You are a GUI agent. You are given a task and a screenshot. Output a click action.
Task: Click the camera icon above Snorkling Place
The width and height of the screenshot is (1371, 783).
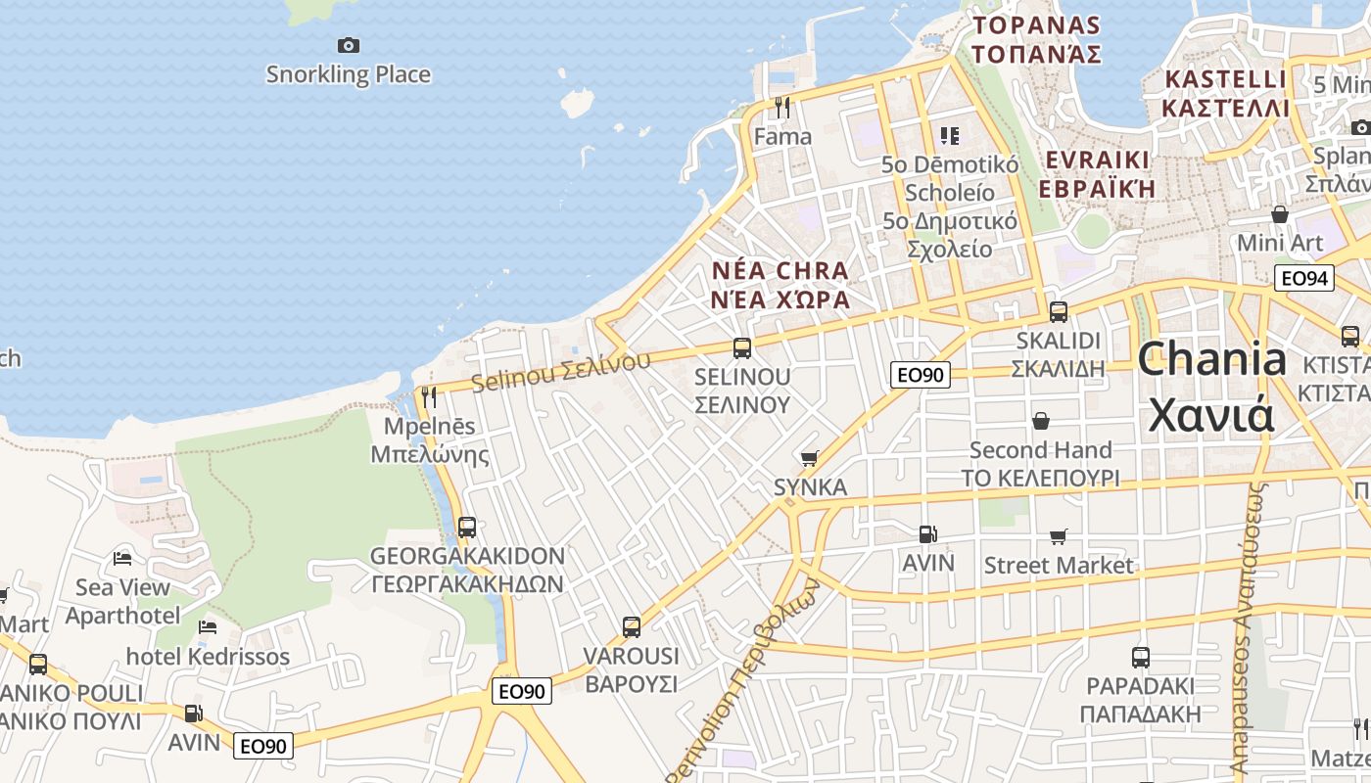tap(348, 45)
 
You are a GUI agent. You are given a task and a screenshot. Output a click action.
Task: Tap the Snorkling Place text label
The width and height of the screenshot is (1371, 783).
tap(348, 74)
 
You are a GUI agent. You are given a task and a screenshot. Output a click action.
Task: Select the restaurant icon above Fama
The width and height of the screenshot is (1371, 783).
tap(782, 107)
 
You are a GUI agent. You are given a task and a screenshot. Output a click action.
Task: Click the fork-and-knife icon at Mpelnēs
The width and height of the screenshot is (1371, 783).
tap(429, 397)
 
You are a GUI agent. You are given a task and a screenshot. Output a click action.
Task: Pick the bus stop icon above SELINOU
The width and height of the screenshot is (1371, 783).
tap(742, 348)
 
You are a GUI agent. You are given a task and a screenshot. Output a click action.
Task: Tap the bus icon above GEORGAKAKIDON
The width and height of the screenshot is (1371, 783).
tap(467, 528)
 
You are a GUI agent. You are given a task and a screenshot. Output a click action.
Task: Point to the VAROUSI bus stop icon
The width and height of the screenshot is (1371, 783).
tap(632, 627)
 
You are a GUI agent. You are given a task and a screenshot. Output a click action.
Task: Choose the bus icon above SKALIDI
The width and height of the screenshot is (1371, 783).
tap(1059, 312)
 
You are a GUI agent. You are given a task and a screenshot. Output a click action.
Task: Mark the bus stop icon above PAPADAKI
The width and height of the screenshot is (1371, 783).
tap(1141, 658)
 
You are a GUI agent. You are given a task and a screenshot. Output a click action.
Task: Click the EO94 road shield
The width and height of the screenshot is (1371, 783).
tap(1305, 278)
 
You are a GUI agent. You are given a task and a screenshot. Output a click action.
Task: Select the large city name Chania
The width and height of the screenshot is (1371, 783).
tap(1212, 360)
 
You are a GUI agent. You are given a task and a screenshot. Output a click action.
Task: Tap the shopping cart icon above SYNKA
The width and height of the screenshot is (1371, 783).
tap(810, 458)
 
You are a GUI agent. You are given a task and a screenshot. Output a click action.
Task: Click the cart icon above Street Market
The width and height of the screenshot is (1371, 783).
tap(1058, 536)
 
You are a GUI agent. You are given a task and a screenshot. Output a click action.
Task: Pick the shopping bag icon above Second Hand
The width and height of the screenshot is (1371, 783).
tap(1040, 421)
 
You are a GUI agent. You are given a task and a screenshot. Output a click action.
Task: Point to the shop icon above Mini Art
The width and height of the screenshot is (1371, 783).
tap(1280, 214)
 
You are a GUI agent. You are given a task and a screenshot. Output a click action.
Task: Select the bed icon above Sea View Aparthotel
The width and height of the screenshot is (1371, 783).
tap(122, 559)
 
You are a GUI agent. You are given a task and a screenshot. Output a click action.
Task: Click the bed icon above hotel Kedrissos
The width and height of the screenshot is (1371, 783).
tap(208, 627)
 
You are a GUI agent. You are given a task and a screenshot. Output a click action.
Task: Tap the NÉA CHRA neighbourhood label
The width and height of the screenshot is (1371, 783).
tap(780, 270)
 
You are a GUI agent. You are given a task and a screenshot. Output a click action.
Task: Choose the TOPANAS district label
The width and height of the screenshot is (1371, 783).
tap(1037, 25)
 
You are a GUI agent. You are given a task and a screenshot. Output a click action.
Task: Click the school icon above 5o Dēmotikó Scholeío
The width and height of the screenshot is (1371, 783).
tap(949, 135)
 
